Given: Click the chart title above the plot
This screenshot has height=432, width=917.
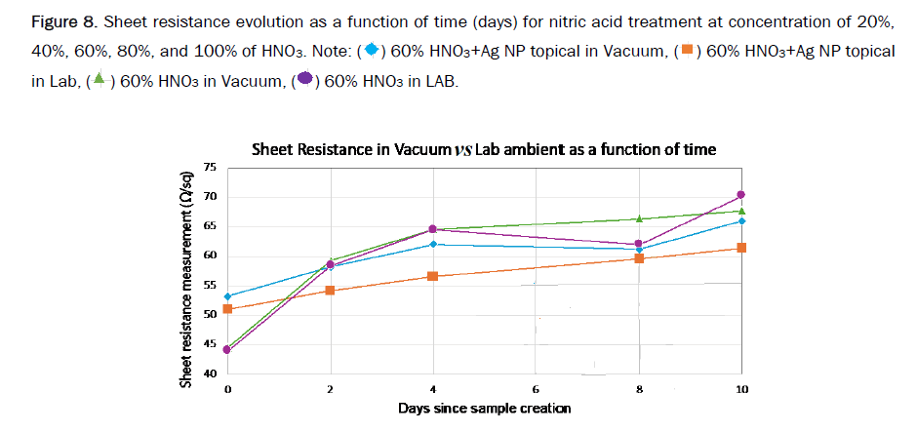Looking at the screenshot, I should [x=484, y=149].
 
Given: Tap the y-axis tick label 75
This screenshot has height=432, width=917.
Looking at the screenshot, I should [x=209, y=168].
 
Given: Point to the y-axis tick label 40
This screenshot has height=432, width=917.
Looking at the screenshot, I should [x=209, y=373].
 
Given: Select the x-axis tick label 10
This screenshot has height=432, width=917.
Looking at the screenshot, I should [x=740, y=389].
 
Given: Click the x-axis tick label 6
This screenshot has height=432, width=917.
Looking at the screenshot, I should [x=536, y=389].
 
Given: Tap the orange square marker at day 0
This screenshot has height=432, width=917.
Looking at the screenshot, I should [x=227, y=309].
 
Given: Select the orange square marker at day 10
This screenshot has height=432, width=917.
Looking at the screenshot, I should [x=741, y=248].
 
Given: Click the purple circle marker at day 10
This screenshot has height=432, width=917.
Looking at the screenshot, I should [x=741, y=195].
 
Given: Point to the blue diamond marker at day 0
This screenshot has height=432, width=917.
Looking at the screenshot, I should [x=227, y=296].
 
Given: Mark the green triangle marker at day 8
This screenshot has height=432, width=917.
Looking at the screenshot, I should [x=639, y=218].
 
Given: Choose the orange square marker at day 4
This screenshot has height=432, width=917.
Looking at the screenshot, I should [x=433, y=276].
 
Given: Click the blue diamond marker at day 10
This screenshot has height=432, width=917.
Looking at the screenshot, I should [x=741, y=221].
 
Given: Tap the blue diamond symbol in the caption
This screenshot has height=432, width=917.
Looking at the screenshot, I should [x=371, y=49].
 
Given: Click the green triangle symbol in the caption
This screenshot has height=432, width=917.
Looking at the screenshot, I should [x=99, y=80].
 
